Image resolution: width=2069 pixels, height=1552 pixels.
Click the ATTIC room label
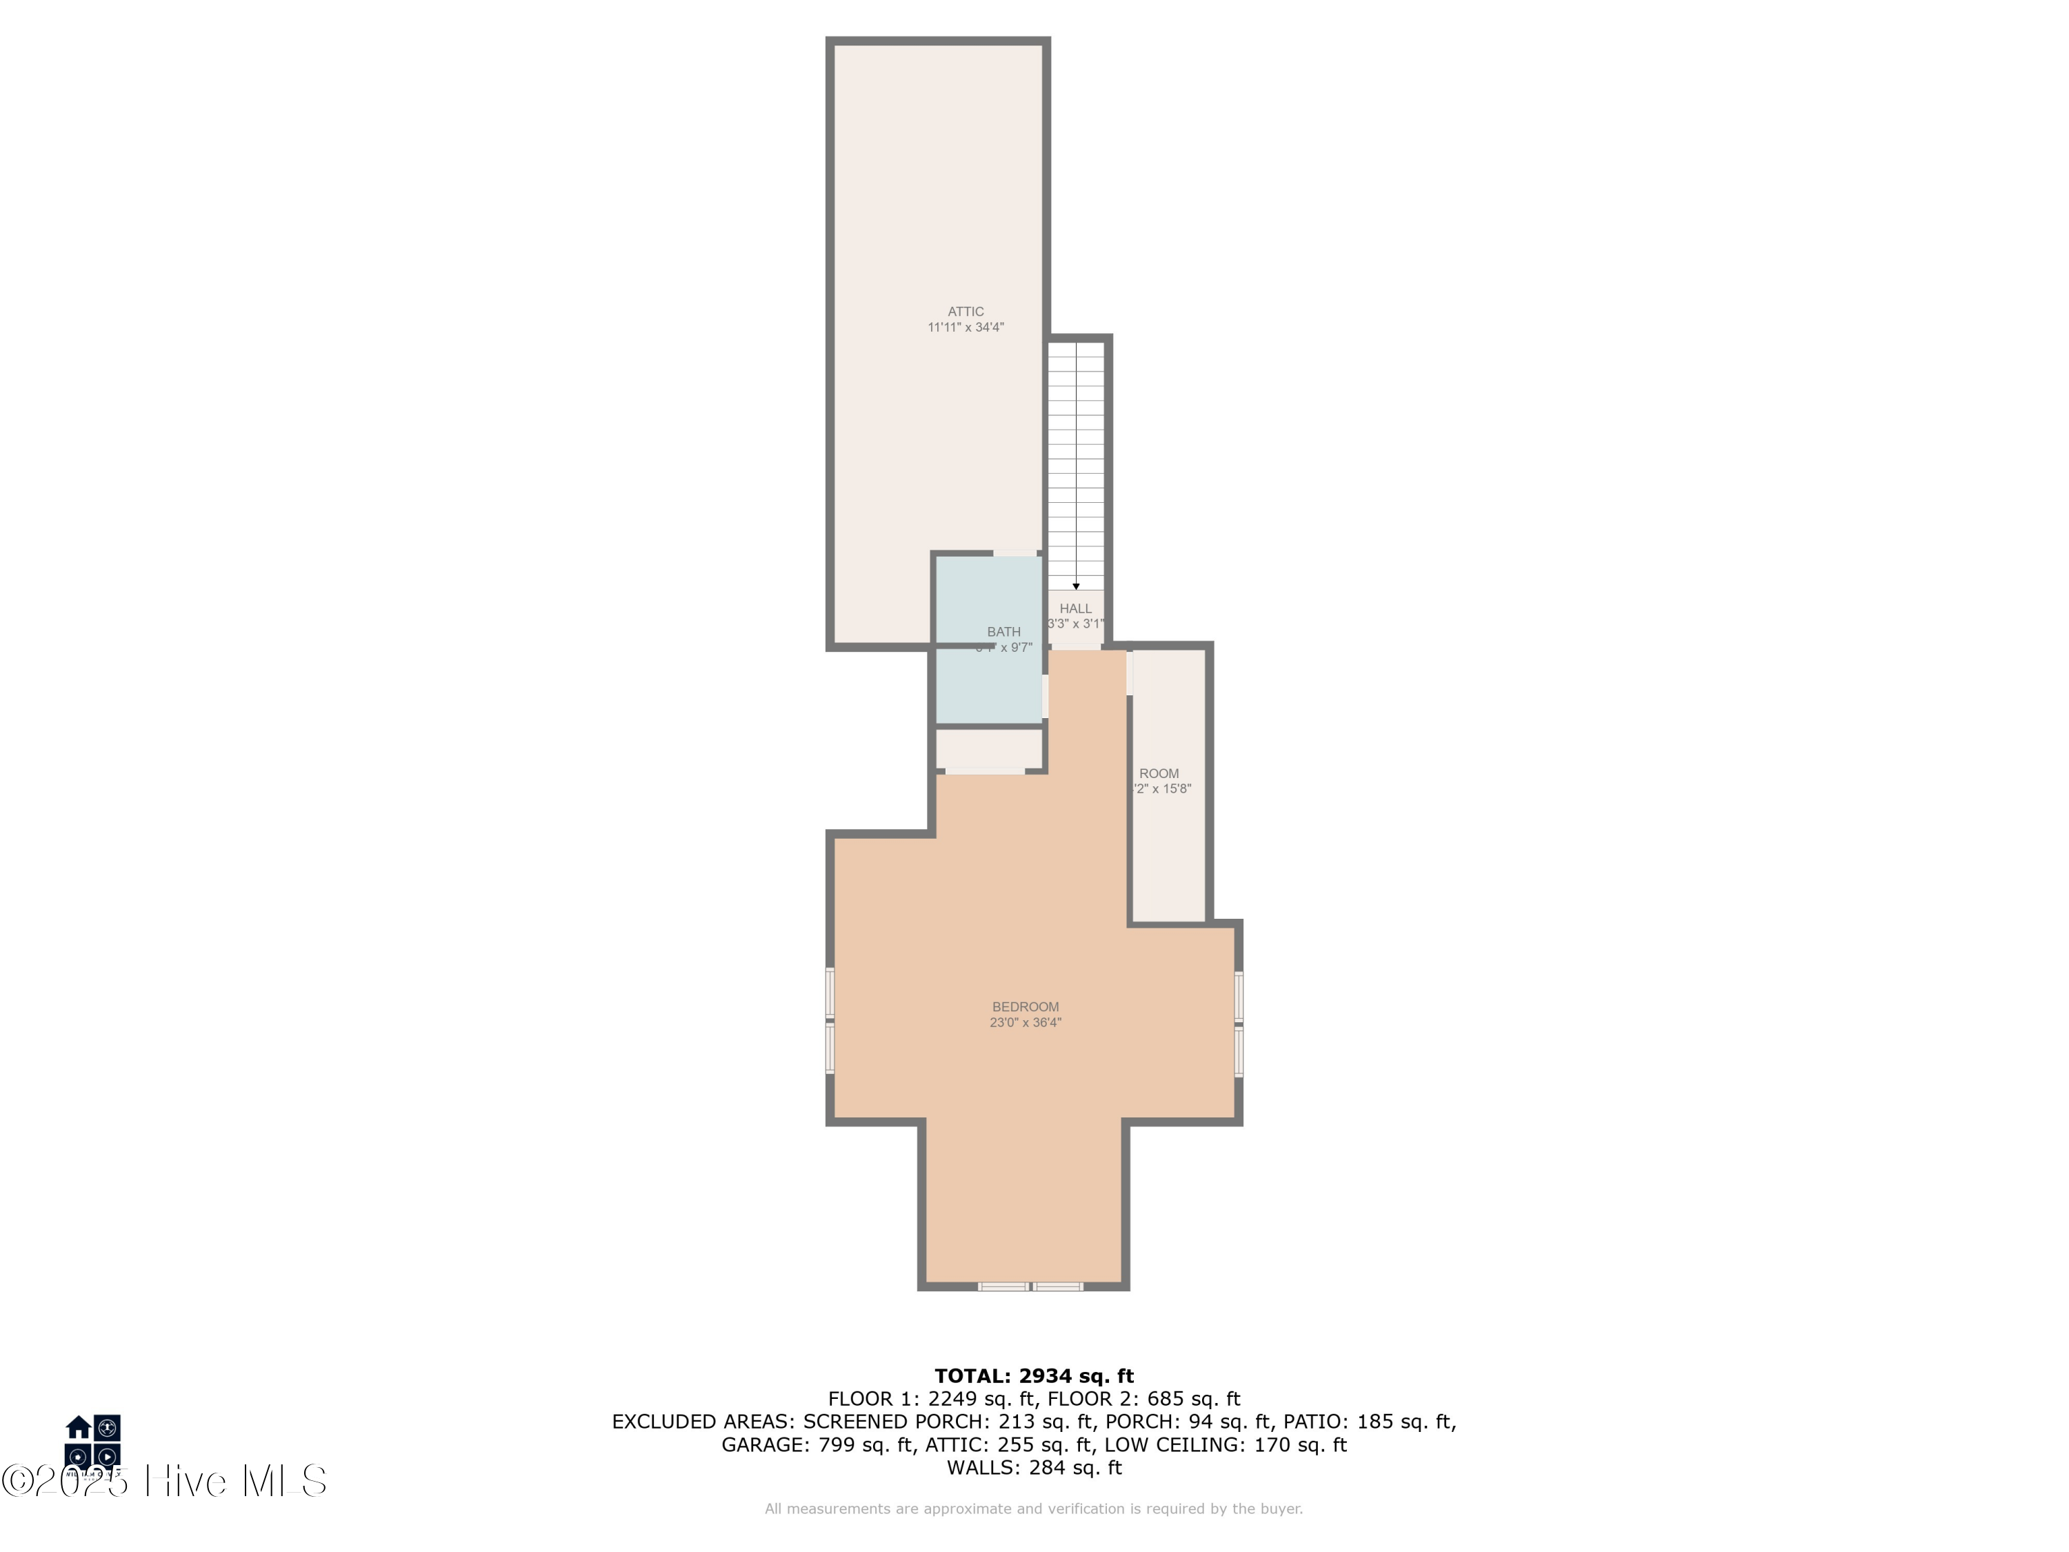(966, 312)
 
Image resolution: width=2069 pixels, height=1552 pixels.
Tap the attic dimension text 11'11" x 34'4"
(966, 328)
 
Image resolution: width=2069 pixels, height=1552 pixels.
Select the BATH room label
(1003, 631)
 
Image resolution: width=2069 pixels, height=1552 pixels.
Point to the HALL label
(1076, 608)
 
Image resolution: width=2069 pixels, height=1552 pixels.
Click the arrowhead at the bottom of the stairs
(1076, 586)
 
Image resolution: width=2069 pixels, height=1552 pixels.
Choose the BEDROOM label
(1025, 1006)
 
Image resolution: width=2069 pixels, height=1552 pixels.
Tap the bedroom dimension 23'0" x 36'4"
(1025, 1022)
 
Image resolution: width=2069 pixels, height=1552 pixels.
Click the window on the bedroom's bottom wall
(1030, 1286)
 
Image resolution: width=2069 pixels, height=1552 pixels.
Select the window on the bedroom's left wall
(830, 1019)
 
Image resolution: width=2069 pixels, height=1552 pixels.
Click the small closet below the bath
(989, 748)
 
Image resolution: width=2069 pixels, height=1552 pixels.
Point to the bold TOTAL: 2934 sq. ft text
(1034, 1376)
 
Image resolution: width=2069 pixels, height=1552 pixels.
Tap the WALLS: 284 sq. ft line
(1034, 1467)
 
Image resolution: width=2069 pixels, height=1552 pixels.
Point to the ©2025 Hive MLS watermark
(163, 1481)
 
